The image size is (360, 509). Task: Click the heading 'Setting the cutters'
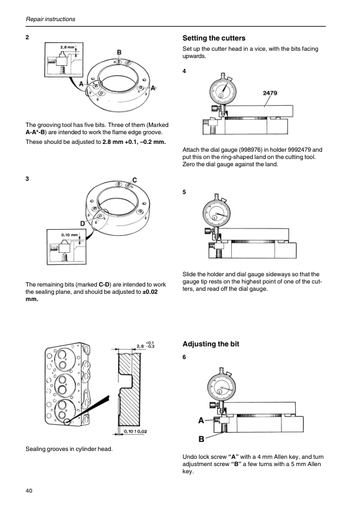(214, 38)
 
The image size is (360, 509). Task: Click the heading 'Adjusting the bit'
(211, 344)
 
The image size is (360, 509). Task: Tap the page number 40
(29, 490)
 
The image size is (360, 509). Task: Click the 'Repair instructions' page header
(50, 19)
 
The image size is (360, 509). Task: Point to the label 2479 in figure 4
(270, 93)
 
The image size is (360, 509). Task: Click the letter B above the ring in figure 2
(119, 52)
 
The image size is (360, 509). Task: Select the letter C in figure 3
(134, 180)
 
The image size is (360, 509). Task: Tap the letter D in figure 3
(82, 223)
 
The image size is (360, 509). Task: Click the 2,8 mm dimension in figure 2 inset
(67, 47)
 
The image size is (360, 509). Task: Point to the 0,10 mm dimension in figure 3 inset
(70, 235)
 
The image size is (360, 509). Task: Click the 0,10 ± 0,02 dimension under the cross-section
(136, 432)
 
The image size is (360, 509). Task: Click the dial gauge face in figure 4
(223, 90)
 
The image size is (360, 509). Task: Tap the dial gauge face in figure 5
(217, 213)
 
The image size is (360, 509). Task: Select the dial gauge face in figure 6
(221, 387)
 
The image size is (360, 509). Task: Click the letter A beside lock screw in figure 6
(201, 421)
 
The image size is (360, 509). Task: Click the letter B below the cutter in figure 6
(201, 439)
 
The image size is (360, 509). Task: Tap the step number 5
(184, 192)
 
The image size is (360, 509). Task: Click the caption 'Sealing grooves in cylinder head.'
(69, 449)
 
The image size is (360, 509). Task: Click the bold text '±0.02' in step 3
(150, 292)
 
